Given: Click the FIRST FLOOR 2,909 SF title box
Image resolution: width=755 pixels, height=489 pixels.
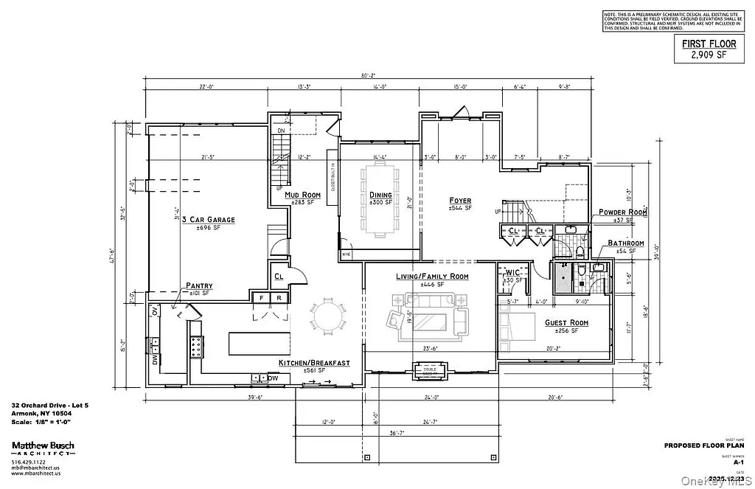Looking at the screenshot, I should [x=705, y=49].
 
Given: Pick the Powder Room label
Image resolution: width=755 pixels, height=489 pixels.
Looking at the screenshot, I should [x=622, y=212].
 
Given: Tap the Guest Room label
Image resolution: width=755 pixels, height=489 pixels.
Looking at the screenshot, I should [x=566, y=323].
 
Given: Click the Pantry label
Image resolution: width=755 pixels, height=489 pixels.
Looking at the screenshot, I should [x=199, y=285].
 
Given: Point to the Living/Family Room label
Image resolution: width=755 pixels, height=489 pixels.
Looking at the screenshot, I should [x=432, y=277].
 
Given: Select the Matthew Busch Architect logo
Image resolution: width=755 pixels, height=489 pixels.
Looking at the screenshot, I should [x=42, y=448].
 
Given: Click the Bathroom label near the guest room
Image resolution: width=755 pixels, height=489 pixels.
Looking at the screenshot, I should [x=625, y=243].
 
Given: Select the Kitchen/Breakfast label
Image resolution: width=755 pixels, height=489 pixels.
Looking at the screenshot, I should [x=313, y=363].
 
